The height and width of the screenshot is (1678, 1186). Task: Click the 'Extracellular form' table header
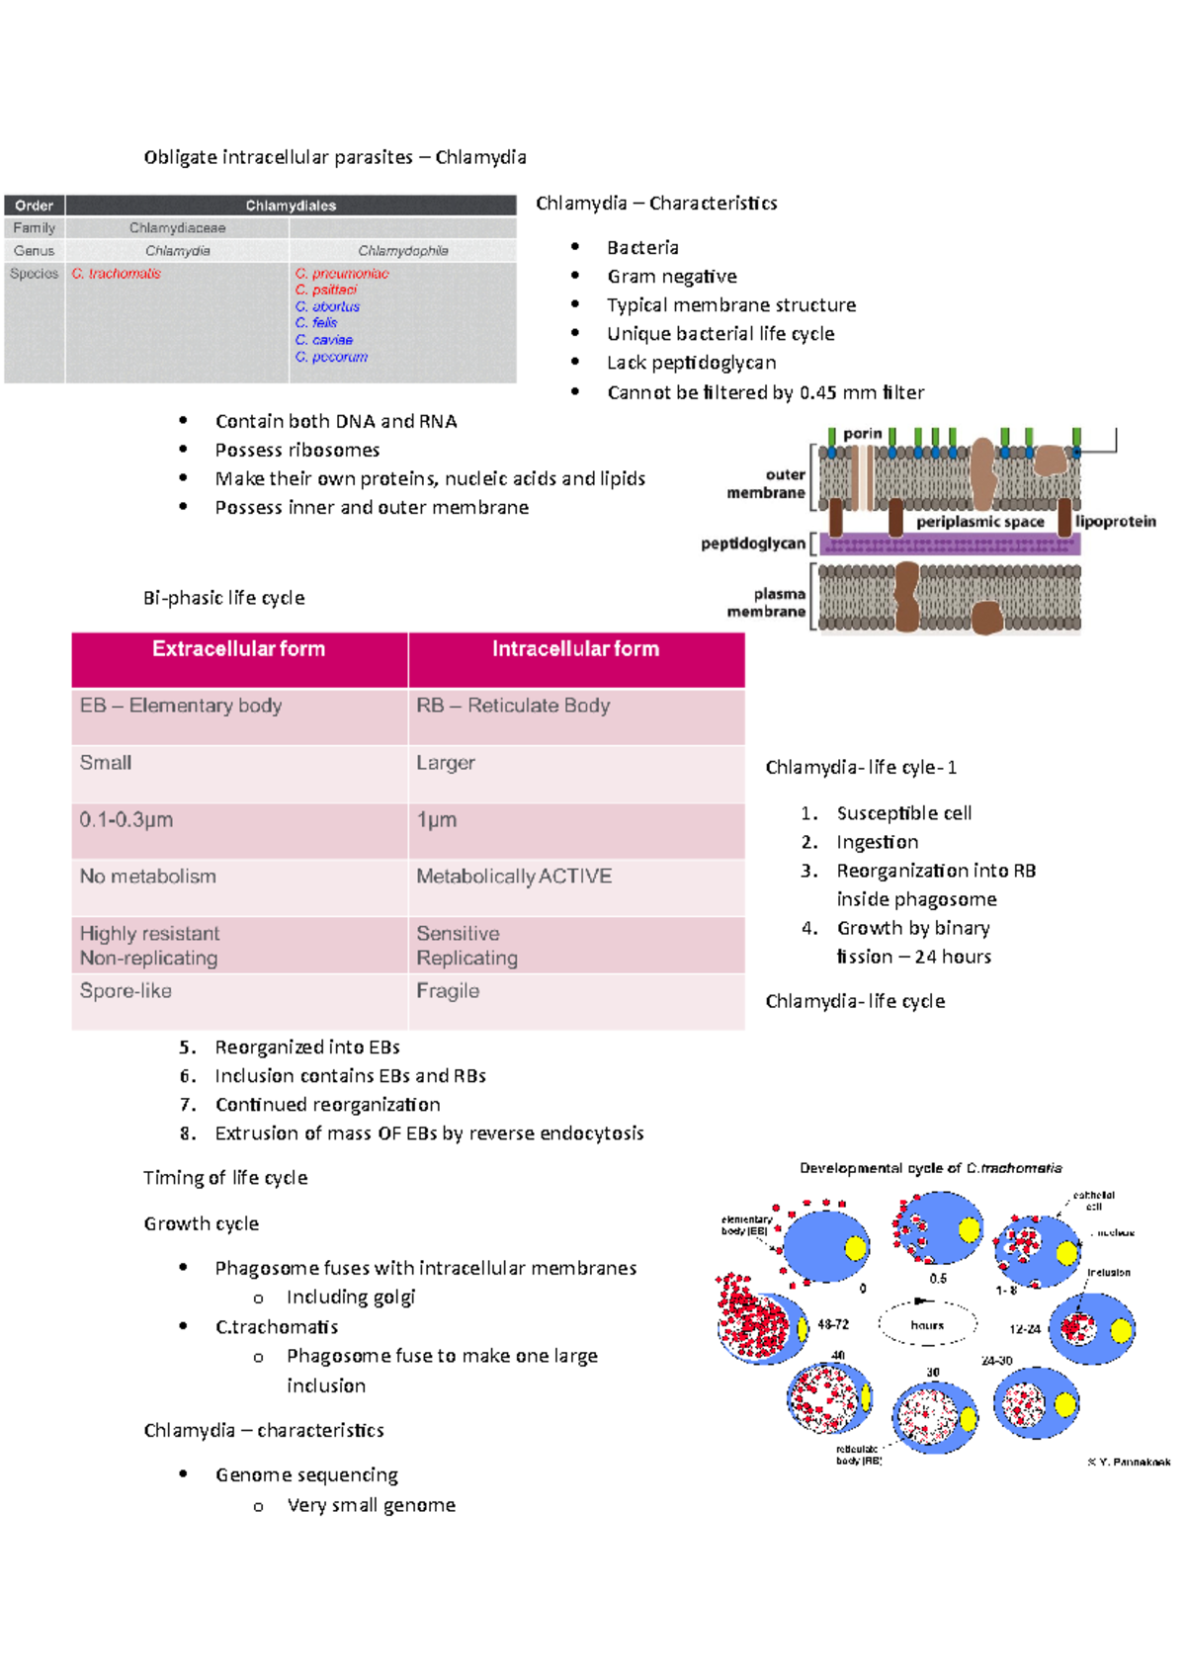238,649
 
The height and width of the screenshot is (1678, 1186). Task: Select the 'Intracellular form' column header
575,649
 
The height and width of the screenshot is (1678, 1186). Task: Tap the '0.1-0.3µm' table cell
127,820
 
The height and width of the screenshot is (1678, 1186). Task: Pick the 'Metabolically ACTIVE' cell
514,877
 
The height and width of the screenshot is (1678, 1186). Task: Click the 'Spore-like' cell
126,991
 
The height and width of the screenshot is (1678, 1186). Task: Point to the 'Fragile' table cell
448,991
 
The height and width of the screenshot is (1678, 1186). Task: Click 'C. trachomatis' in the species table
116,274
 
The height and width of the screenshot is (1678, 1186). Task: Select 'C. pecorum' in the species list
331,357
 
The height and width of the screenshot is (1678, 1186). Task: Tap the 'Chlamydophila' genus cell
402,251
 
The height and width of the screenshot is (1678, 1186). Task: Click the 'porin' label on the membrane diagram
862,434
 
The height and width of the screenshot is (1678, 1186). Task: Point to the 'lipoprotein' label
1115,522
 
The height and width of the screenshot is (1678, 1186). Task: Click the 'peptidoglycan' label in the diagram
753,544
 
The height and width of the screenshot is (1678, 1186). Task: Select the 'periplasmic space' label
979,522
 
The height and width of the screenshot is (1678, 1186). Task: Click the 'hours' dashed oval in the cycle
927,1325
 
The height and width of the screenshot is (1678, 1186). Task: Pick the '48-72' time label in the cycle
832,1324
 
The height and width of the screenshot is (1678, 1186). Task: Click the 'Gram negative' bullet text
671,277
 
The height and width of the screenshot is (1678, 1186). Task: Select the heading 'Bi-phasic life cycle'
223,598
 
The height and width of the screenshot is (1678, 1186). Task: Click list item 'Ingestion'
877,842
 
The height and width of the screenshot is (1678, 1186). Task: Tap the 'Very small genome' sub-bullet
371,1505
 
